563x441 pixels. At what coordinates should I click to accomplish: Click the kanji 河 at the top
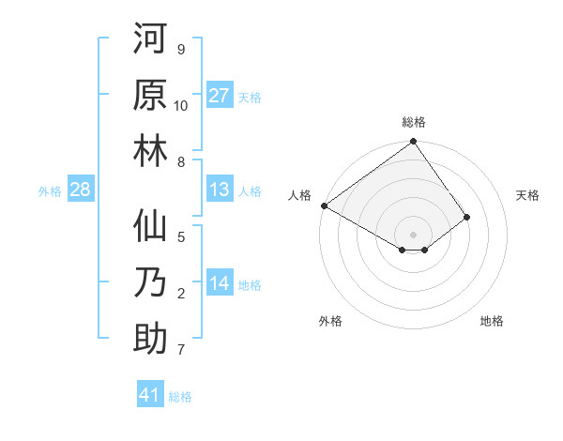pyautogui.click(x=151, y=41)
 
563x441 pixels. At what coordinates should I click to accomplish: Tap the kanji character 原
pyautogui.click(x=151, y=95)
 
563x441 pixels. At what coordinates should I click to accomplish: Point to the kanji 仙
pyautogui.click(x=151, y=229)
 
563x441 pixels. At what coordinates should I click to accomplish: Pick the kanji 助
pyautogui.click(x=151, y=336)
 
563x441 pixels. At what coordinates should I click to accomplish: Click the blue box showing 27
pyautogui.click(x=220, y=96)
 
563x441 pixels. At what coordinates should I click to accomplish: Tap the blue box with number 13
pyautogui.click(x=220, y=190)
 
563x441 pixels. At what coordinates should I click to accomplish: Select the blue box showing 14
pyautogui.click(x=220, y=284)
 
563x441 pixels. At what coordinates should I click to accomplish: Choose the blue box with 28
pyautogui.click(x=81, y=190)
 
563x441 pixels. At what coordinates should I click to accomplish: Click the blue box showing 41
pyautogui.click(x=150, y=395)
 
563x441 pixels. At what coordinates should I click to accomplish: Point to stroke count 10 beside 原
pyautogui.click(x=181, y=105)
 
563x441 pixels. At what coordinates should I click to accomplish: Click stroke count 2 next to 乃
pyautogui.click(x=181, y=294)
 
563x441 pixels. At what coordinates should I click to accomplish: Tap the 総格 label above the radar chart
pyautogui.click(x=414, y=122)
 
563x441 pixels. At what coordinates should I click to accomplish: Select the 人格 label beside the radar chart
pyautogui.click(x=300, y=195)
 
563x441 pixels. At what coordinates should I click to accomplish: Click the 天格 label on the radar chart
pyautogui.click(x=527, y=195)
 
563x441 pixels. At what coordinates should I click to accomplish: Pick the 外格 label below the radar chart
pyautogui.click(x=330, y=322)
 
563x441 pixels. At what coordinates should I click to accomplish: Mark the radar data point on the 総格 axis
pyautogui.click(x=413, y=143)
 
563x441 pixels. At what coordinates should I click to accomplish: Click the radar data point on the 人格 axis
pyautogui.click(x=324, y=205)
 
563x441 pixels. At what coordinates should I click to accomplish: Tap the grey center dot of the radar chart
pyautogui.click(x=413, y=234)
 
